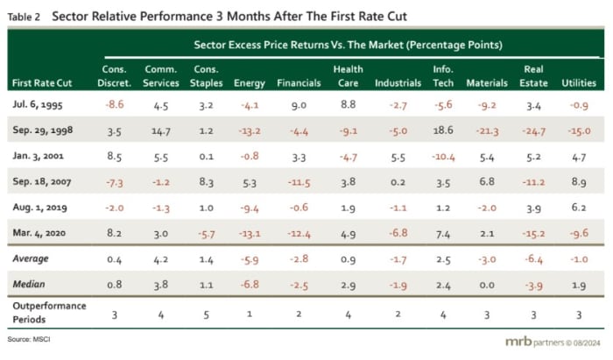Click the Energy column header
tap(250, 83)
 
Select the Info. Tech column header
tap(443, 76)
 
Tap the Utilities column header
tap(579, 83)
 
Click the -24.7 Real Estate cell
tap(532, 133)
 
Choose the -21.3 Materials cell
tap(488, 133)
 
